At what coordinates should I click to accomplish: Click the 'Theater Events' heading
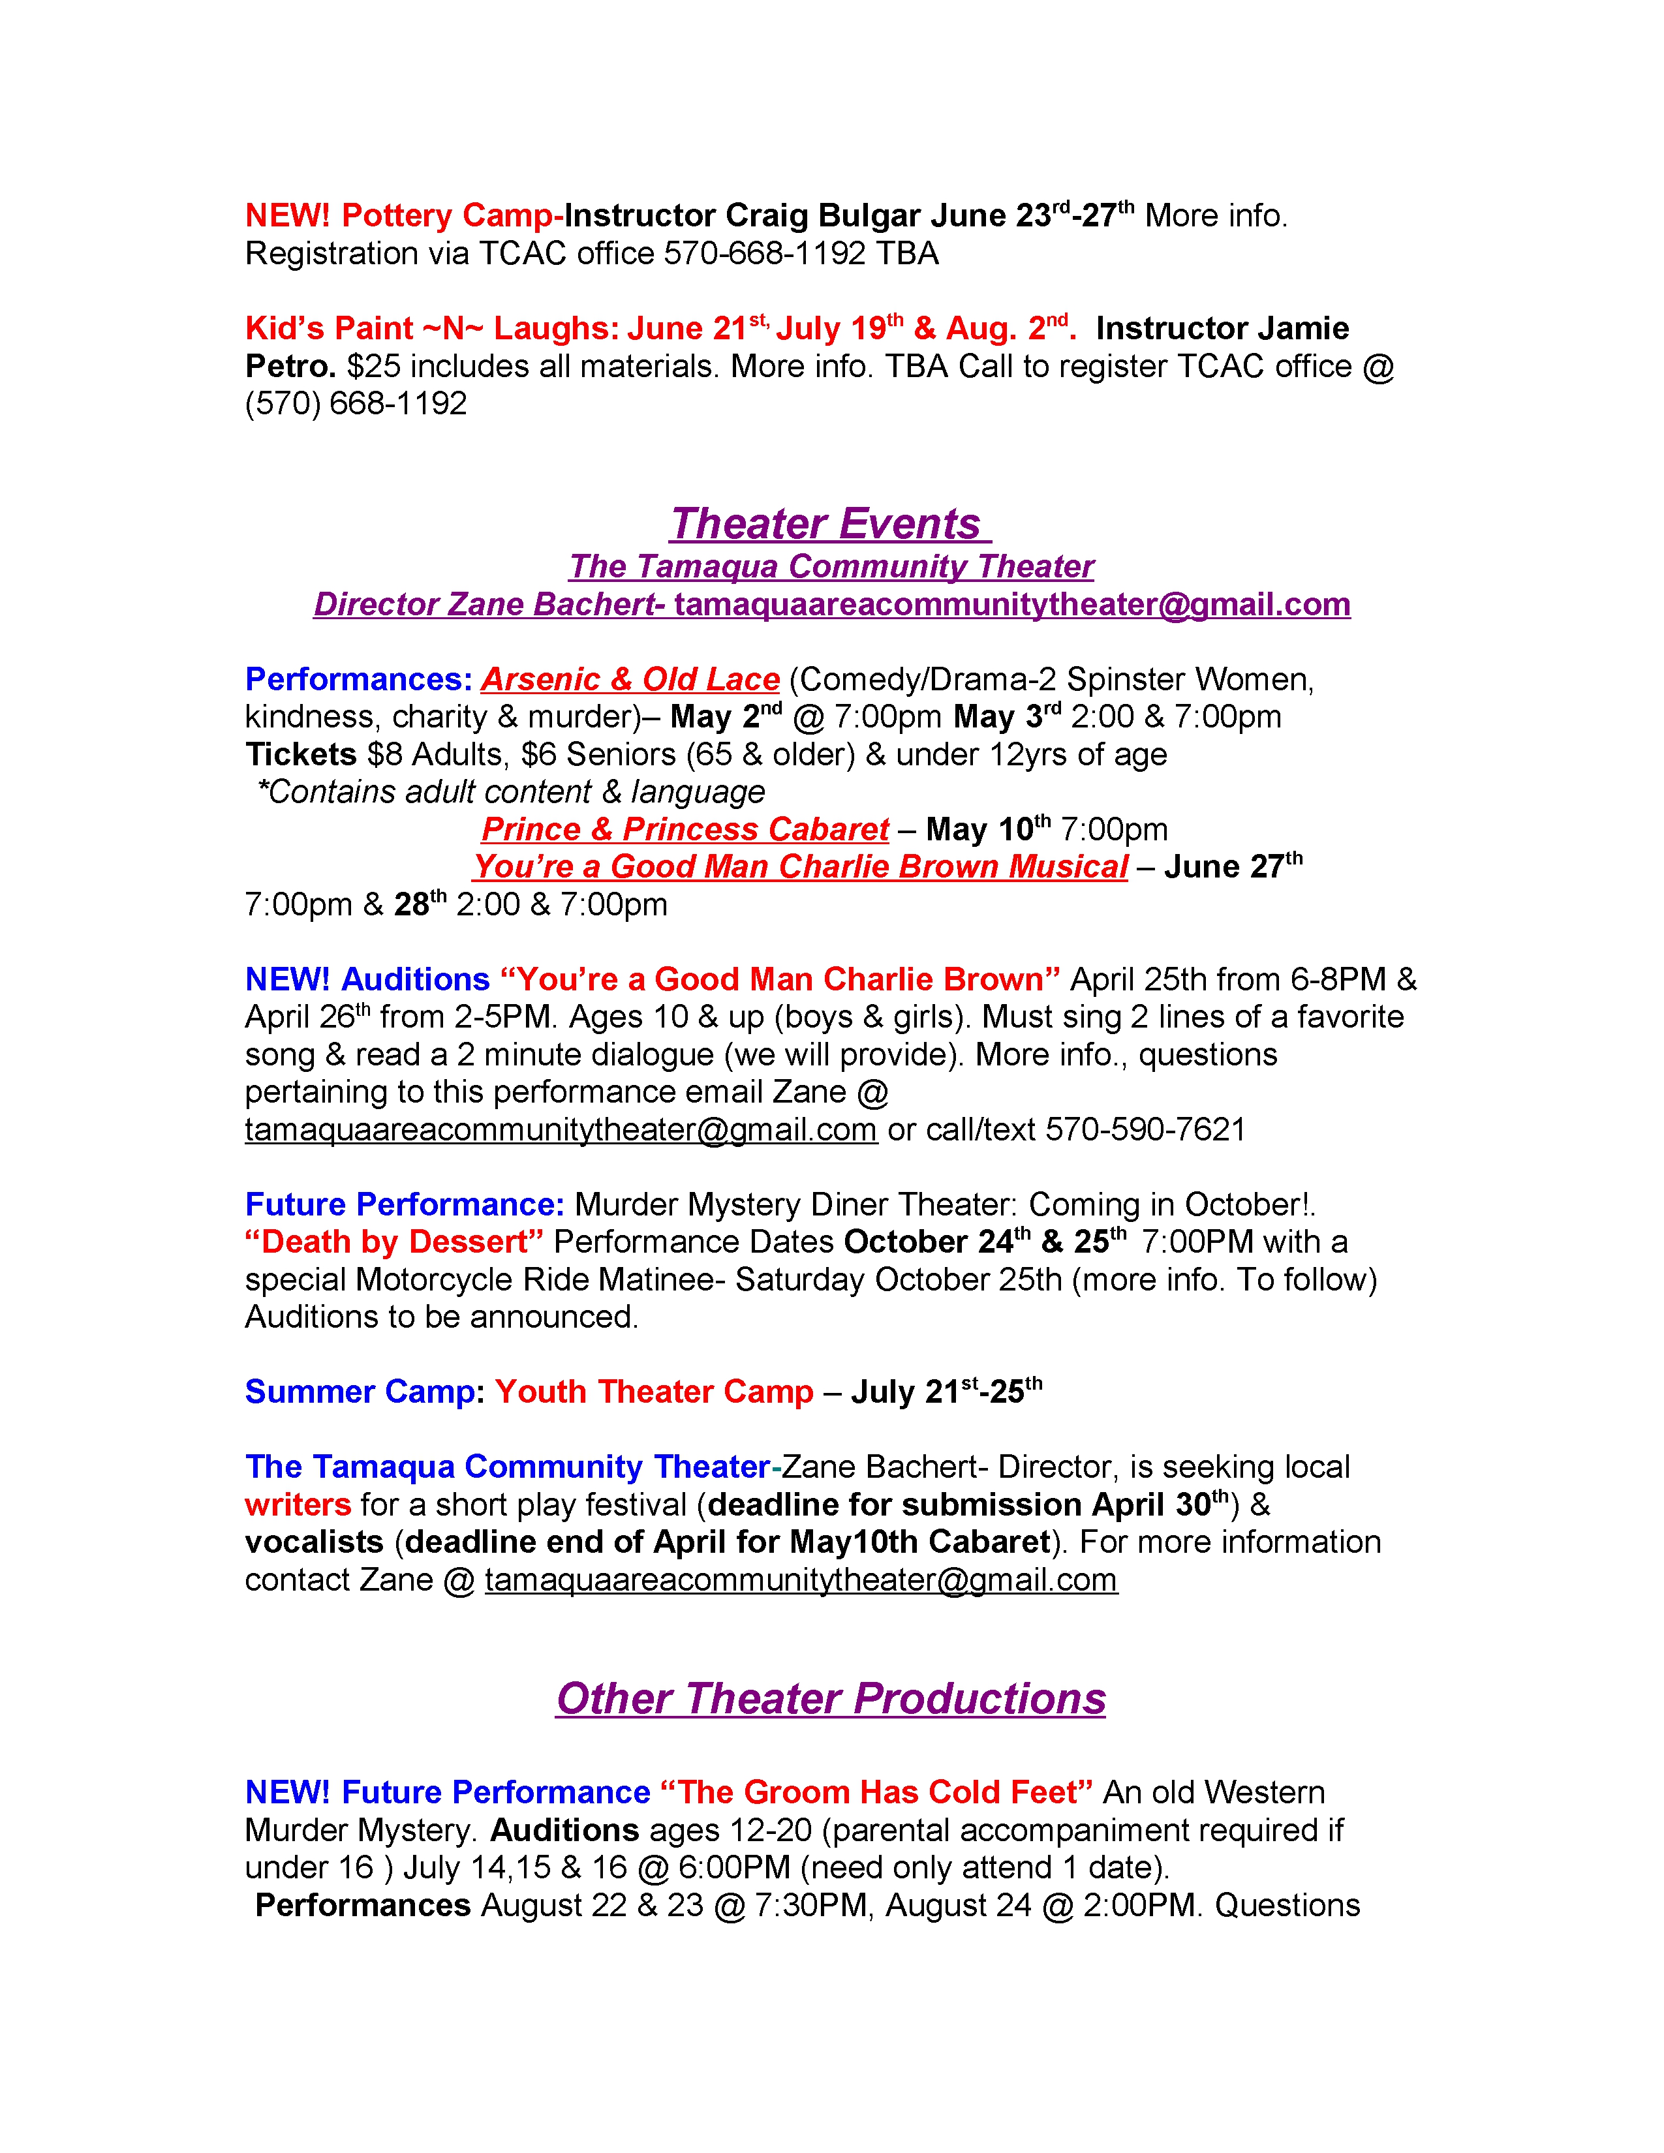pos(830,523)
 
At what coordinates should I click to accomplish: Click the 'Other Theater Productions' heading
pos(830,1698)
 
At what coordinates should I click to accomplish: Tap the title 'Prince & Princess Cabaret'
pos(685,829)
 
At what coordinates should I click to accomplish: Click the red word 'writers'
pos(298,1504)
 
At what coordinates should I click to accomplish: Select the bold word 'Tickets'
pos(301,754)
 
